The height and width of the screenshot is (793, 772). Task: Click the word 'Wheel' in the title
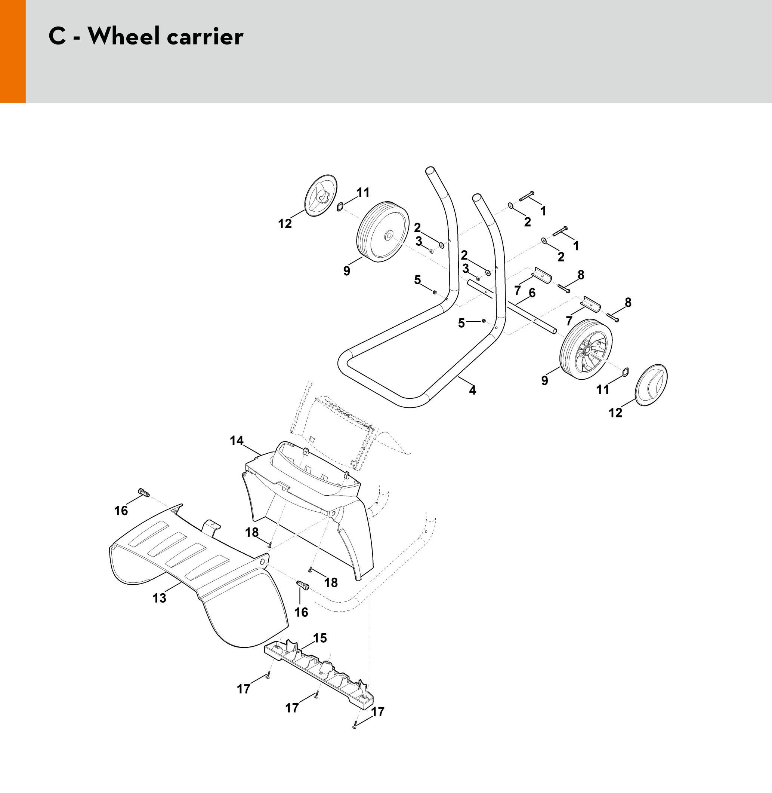pyautogui.click(x=123, y=37)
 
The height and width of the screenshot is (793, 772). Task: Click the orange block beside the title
pyautogui.click(x=13, y=51)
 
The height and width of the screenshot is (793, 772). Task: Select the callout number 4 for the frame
pyautogui.click(x=472, y=390)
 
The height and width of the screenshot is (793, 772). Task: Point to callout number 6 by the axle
pyautogui.click(x=532, y=293)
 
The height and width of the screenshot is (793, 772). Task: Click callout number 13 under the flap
pyautogui.click(x=159, y=598)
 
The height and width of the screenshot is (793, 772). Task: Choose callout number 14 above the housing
pyautogui.click(x=237, y=440)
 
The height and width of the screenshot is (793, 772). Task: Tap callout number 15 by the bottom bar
pyautogui.click(x=320, y=638)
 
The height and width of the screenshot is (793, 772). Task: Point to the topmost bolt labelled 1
pyautogui.click(x=526, y=196)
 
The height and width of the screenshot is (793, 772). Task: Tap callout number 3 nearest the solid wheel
pyautogui.click(x=419, y=242)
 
